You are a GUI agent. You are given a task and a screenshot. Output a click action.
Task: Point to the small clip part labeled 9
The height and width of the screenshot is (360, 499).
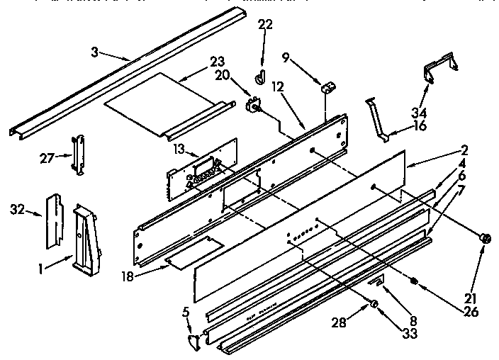pos(327,89)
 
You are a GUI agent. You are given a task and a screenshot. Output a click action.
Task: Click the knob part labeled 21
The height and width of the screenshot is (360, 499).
pos(486,240)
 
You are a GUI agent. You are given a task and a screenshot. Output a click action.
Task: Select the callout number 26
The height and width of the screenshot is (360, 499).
pos(470,310)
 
